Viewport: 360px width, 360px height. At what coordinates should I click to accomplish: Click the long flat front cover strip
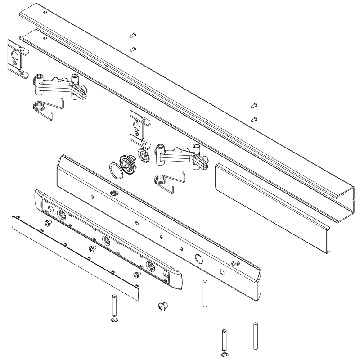pyautogui.click(x=72, y=255)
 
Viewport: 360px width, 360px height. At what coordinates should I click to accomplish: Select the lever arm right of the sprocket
pyautogui.click(x=180, y=155)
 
